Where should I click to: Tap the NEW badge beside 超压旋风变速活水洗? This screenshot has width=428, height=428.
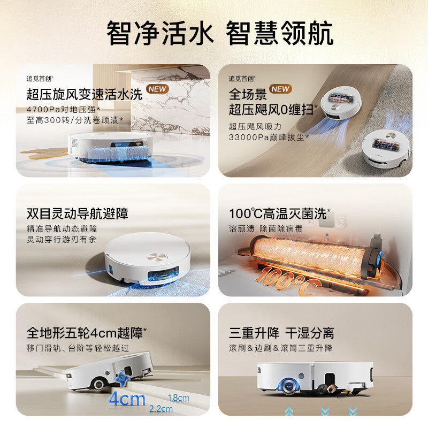tap(157, 89)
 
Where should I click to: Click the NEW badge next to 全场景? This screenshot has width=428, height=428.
tap(280, 89)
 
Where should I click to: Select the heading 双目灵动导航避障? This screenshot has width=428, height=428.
tap(78, 214)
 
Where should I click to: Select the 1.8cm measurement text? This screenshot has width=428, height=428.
tap(178, 398)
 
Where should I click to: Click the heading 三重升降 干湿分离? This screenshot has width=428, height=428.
tap(281, 333)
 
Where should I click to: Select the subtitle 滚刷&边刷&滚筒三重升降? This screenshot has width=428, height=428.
tap(280, 348)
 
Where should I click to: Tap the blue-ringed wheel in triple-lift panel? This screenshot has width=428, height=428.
tap(287, 386)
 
